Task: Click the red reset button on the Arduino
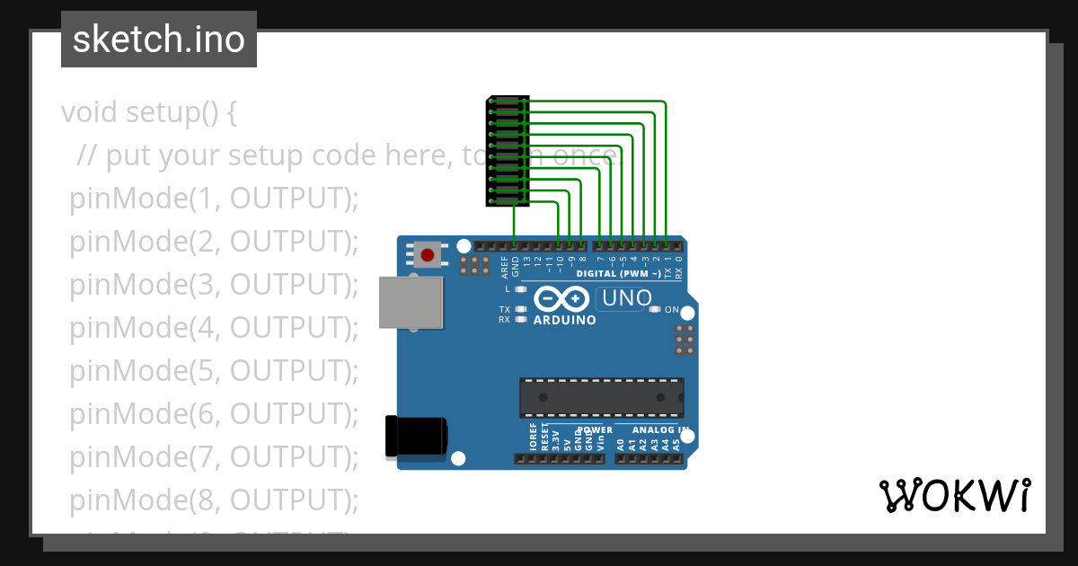tap(428, 255)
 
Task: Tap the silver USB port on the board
tap(411, 302)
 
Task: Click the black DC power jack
tap(415, 437)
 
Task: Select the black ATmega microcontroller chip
tap(601, 398)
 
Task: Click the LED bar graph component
tap(508, 151)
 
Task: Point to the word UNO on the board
tap(626, 298)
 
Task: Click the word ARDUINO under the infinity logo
tap(564, 320)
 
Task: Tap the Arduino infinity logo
tap(561, 298)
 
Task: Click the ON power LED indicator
tap(655, 309)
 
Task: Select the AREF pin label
tap(504, 268)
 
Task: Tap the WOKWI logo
tap(954, 495)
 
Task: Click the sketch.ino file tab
tap(159, 40)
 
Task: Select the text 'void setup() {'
tap(149, 112)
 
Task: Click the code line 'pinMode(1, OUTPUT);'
tap(214, 199)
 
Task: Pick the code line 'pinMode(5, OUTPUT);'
tap(214, 370)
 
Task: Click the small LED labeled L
tap(521, 289)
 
